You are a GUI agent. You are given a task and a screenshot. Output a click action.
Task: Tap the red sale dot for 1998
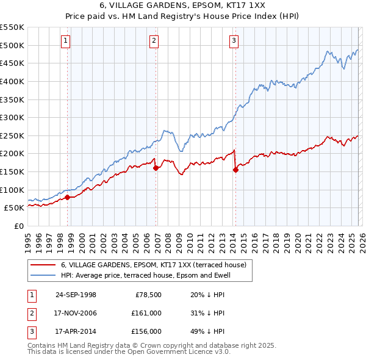coord(68,196)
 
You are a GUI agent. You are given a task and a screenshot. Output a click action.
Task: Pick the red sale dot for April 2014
coord(235,170)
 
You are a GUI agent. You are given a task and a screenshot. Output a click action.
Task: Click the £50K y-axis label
coord(14,207)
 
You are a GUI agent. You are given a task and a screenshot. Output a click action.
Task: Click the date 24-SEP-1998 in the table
coord(76,295)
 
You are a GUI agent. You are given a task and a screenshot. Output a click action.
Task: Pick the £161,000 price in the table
coord(146,313)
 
